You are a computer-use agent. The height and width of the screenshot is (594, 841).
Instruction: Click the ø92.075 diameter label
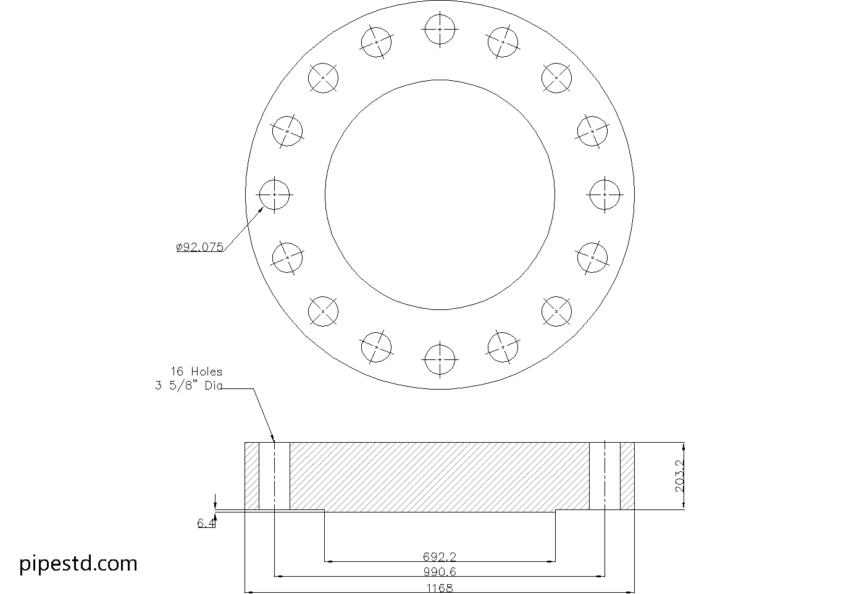[199, 248]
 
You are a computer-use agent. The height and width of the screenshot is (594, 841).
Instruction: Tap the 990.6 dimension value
[440, 572]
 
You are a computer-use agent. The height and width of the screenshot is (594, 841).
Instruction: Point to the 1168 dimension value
[440, 588]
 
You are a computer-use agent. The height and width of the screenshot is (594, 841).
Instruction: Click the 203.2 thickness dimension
[680, 476]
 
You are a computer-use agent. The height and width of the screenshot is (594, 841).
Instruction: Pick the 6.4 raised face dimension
[206, 524]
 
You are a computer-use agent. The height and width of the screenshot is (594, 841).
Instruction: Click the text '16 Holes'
[196, 372]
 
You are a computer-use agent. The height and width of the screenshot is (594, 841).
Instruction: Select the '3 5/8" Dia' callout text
[188, 387]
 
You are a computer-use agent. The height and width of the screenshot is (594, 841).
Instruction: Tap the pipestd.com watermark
[78, 563]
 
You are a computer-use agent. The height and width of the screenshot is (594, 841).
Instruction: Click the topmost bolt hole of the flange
[440, 29]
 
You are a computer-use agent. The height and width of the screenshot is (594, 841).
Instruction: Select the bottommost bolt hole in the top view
[440, 359]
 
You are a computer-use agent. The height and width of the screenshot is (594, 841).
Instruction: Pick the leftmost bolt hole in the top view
[274, 194]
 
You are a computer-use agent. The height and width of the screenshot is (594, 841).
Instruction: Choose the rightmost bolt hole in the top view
[605, 194]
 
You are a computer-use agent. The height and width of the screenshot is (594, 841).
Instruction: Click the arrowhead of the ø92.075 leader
[262, 209]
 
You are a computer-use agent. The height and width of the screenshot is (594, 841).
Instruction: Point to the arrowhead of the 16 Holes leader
[272, 439]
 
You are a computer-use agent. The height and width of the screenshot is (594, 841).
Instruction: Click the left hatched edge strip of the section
[252, 476]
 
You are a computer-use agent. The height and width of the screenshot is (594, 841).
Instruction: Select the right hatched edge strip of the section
[627, 476]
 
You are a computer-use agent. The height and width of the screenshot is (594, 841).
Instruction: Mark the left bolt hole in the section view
[274, 476]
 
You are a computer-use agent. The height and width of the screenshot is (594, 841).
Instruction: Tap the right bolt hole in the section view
[605, 476]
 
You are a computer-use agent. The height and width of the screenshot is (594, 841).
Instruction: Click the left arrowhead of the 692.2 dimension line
[328, 561]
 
